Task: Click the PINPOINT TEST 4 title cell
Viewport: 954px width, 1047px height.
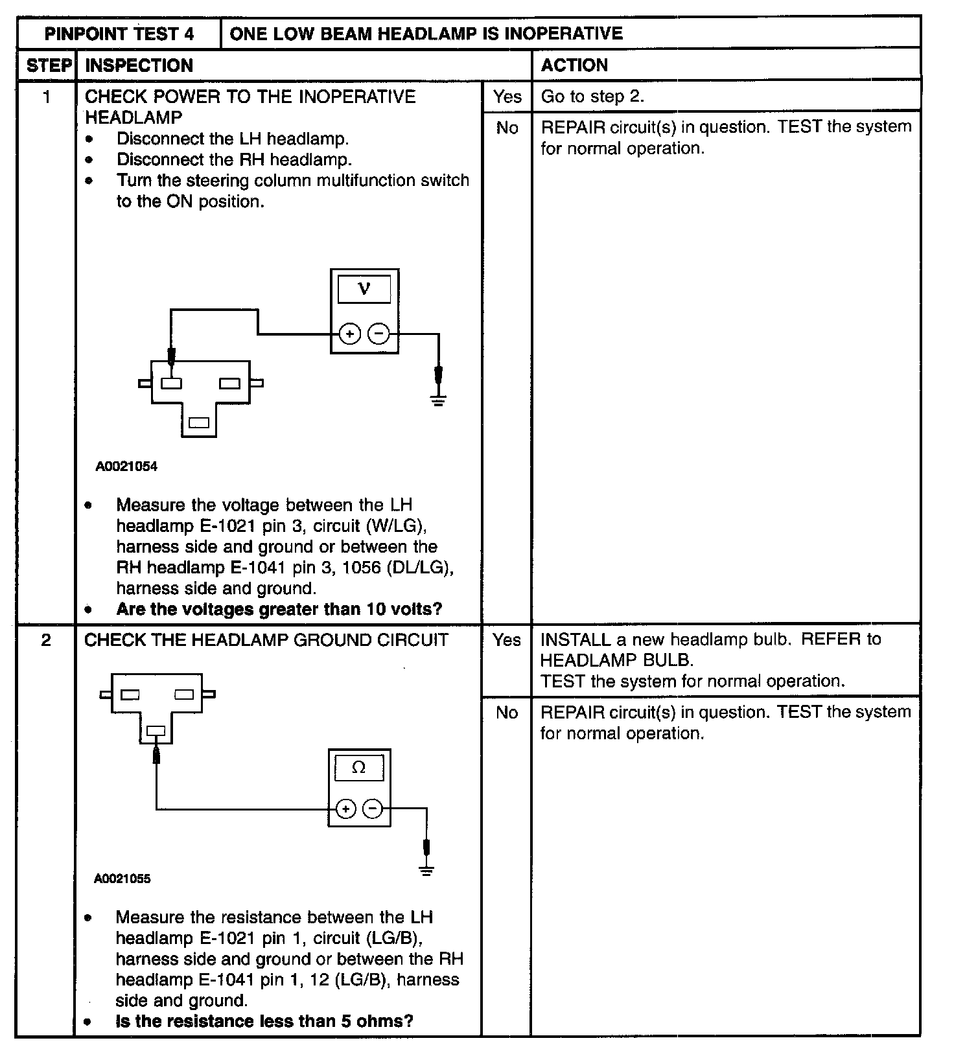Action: click(x=119, y=34)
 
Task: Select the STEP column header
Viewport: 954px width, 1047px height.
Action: click(x=49, y=65)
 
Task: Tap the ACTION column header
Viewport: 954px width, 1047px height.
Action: click(x=574, y=65)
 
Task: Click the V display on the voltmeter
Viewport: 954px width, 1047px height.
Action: click(x=364, y=289)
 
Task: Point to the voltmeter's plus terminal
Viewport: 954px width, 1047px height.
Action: click(x=350, y=334)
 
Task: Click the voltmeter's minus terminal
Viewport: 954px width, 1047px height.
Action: click(x=378, y=334)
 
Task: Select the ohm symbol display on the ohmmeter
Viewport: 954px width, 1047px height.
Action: click(x=358, y=768)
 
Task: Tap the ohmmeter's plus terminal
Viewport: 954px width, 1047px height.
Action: click(x=345, y=809)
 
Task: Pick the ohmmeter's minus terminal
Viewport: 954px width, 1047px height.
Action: click(x=372, y=809)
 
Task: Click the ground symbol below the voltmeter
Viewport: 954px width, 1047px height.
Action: click(x=439, y=400)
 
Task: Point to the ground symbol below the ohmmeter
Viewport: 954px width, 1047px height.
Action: click(x=426, y=871)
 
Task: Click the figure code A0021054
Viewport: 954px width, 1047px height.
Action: click(x=126, y=466)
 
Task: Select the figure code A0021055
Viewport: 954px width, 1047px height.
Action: click(x=122, y=879)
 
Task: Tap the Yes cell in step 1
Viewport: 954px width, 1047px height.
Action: click(x=507, y=97)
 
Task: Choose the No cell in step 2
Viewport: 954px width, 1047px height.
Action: click(x=506, y=713)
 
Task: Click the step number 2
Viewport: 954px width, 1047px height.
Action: click(x=46, y=640)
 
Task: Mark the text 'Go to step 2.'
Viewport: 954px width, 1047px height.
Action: click(x=592, y=97)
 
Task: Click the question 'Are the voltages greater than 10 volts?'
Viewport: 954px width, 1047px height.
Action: click(x=279, y=610)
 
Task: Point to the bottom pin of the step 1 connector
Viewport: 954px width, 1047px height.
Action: click(x=198, y=423)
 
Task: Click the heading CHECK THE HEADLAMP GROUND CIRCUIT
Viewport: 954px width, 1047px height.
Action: click(x=266, y=640)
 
